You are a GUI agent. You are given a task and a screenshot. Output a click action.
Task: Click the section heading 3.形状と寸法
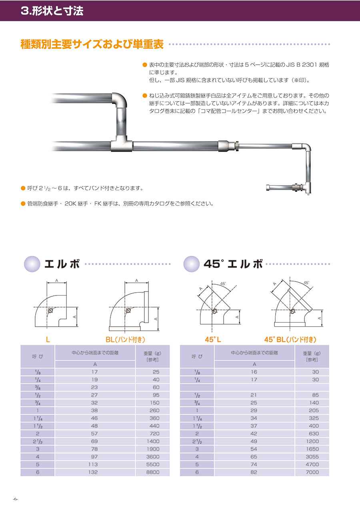(x=52, y=11)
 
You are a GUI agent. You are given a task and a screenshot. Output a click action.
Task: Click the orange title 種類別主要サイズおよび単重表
(x=92, y=44)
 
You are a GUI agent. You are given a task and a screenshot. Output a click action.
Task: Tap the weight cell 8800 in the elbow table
(x=153, y=472)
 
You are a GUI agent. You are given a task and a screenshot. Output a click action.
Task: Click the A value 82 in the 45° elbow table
(x=254, y=472)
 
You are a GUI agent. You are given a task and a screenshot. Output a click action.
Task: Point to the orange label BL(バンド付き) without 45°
(x=125, y=339)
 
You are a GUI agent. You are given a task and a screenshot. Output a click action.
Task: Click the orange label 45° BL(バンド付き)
(x=290, y=339)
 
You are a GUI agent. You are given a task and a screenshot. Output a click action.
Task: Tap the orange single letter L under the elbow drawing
(x=48, y=339)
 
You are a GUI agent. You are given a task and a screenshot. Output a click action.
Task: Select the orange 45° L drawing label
(x=213, y=339)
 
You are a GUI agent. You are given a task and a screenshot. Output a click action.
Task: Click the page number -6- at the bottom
(x=15, y=499)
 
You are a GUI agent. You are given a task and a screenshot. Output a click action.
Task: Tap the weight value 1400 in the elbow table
(x=153, y=441)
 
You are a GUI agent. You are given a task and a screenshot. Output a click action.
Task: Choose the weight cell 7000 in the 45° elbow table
(x=312, y=472)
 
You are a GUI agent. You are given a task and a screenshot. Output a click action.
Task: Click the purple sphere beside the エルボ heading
(x=32, y=264)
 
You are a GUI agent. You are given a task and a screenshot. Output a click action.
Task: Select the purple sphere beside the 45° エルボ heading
(x=192, y=264)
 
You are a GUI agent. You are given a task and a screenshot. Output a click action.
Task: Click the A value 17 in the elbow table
(x=94, y=372)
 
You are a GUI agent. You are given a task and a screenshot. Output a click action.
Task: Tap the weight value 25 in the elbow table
(x=156, y=372)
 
